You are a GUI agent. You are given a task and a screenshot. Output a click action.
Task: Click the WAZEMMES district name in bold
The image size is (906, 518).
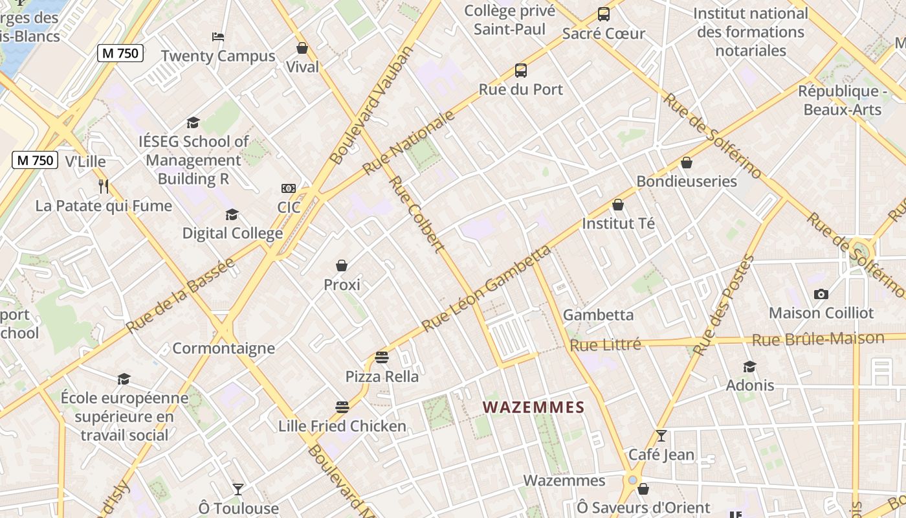[x=534, y=407]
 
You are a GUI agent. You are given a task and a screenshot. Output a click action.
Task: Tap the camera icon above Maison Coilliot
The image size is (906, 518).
[x=821, y=295]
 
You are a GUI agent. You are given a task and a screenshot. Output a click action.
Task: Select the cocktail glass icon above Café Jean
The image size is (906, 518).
[x=661, y=436]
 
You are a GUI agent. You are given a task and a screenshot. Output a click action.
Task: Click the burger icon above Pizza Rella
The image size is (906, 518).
[x=382, y=357]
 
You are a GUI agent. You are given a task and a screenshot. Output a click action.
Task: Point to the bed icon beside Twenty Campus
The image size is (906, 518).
[x=218, y=37]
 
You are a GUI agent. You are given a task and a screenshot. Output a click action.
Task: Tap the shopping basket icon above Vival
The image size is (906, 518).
[x=302, y=48]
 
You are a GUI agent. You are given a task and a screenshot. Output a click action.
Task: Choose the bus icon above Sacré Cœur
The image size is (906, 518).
[x=603, y=14]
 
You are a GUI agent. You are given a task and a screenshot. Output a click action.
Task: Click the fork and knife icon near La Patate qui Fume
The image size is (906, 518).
[x=104, y=186]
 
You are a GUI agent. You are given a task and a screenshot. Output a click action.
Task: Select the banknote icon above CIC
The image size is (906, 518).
[x=289, y=188]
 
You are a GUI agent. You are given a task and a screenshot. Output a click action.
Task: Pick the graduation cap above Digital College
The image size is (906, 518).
[x=232, y=214]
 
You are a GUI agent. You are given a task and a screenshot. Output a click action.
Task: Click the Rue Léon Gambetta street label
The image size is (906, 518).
[x=487, y=288]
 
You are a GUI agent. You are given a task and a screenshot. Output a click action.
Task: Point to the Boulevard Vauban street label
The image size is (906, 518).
[x=371, y=105]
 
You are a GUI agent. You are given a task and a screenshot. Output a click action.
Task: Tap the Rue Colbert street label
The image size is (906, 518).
[x=417, y=214]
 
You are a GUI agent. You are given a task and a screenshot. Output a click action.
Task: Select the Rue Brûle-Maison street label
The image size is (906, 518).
[x=818, y=339]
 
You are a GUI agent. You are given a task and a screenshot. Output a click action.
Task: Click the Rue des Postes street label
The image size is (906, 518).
[x=724, y=305]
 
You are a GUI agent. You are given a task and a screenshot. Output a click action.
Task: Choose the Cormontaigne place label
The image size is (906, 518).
[x=224, y=348]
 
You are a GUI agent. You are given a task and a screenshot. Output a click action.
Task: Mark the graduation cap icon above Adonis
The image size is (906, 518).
[x=749, y=366]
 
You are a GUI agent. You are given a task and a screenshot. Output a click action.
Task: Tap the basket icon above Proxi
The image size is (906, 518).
[x=342, y=265]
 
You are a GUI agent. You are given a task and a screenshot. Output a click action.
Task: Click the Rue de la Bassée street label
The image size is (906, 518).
[x=181, y=296]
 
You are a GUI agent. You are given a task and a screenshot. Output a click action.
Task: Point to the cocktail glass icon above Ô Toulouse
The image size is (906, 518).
[x=238, y=489]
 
